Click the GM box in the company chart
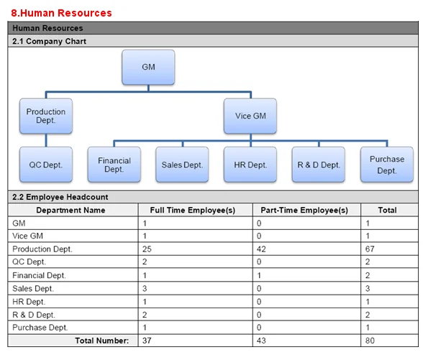(x=148, y=67)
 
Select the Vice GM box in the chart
(x=250, y=116)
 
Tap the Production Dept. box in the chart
(x=46, y=116)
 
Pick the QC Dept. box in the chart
(x=46, y=165)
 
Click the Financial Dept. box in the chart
(x=114, y=165)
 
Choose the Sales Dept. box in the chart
(x=182, y=165)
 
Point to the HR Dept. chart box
(x=250, y=165)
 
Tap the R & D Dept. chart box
(x=318, y=165)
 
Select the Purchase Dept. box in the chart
(x=387, y=165)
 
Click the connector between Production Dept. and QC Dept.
(x=46, y=140)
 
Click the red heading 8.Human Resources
(x=61, y=13)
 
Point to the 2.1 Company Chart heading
(x=49, y=41)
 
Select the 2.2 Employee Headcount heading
(x=60, y=197)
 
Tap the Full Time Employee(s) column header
(x=193, y=210)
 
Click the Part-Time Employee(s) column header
(x=304, y=210)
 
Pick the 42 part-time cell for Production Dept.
(x=261, y=249)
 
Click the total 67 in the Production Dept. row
(x=370, y=249)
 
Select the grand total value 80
(x=370, y=341)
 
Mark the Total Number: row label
(x=102, y=341)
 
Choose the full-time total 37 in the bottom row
(x=147, y=341)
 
